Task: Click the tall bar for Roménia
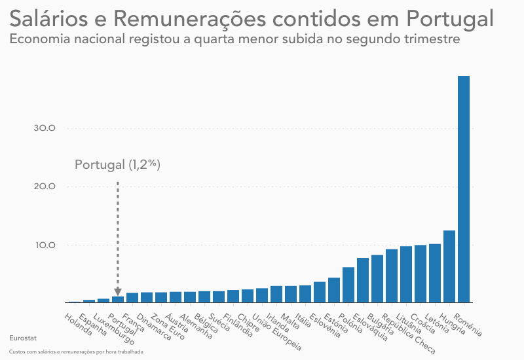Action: click(464, 190)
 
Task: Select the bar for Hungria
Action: click(449, 267)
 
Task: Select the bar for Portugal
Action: click(118, 300)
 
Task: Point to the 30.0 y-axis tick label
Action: click(45, 128)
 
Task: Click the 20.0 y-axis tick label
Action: click(45, 187)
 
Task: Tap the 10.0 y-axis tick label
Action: click(45, 245)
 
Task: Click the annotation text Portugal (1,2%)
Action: click(117, 165)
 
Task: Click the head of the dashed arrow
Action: click(118, 292)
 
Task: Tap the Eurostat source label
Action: click(23, 338)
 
